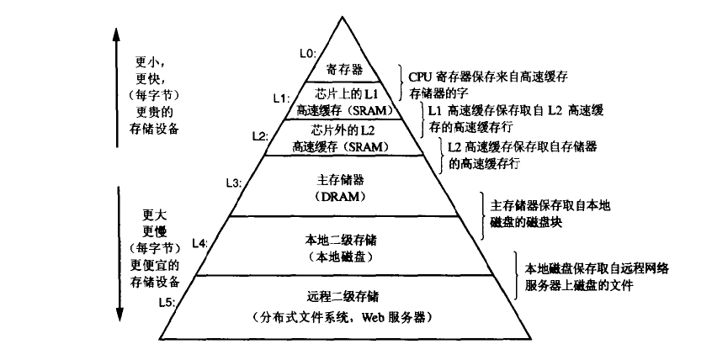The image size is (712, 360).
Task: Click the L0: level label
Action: (x=308, y=53)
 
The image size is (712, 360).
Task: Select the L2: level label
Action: (x=261, y=136)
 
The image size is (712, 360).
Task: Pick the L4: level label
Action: (x=199, y=243)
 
